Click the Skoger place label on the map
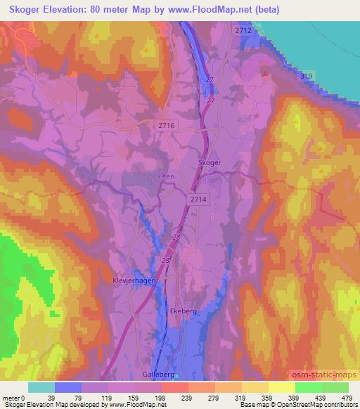point(210,162)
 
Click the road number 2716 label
point(167,124)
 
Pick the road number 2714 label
point(198,200)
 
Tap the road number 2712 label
point(243,31)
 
